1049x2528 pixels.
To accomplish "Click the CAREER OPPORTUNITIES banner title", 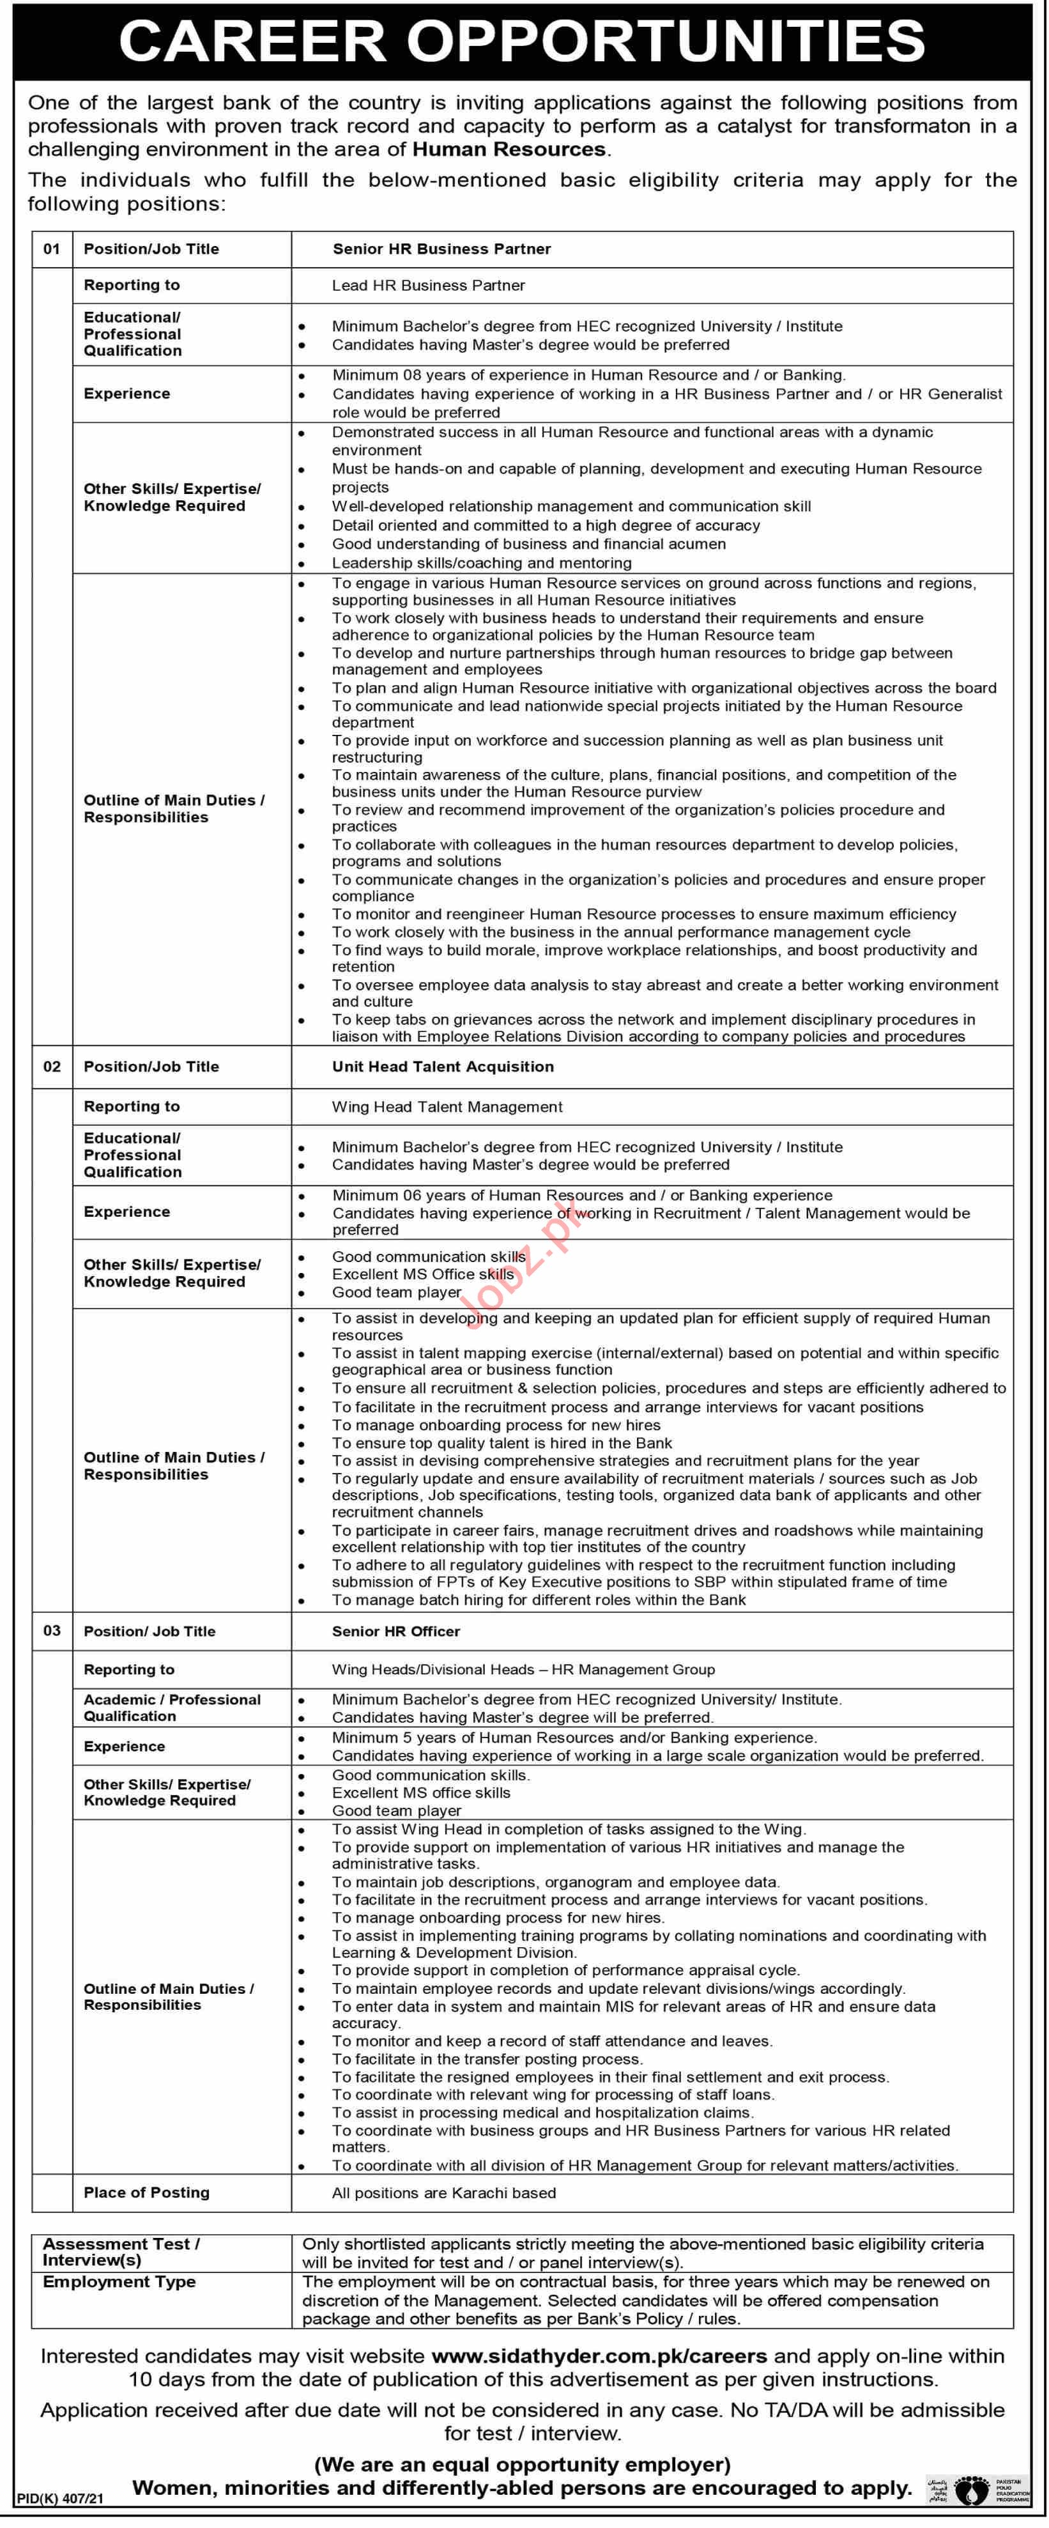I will coord(522,41).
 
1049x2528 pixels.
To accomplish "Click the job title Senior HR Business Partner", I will coord(441,249).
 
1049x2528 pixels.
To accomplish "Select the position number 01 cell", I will coord(52,249).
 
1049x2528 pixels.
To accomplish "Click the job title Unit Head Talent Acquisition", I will coord(443,1067).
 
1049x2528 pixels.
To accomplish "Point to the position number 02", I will coord(52,1067).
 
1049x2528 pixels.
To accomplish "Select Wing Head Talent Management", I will coord(447,1107).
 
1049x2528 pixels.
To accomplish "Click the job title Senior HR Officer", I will coord(395,1631).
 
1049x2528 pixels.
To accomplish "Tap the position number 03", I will coord(52,1631).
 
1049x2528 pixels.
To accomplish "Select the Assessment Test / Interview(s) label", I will coord(121,2251).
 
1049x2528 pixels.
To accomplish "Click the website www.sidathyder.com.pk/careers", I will coord(599,2356).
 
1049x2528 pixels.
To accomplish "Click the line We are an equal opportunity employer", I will coord(522,2464).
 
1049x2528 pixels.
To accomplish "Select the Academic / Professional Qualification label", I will coord(172,1707).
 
